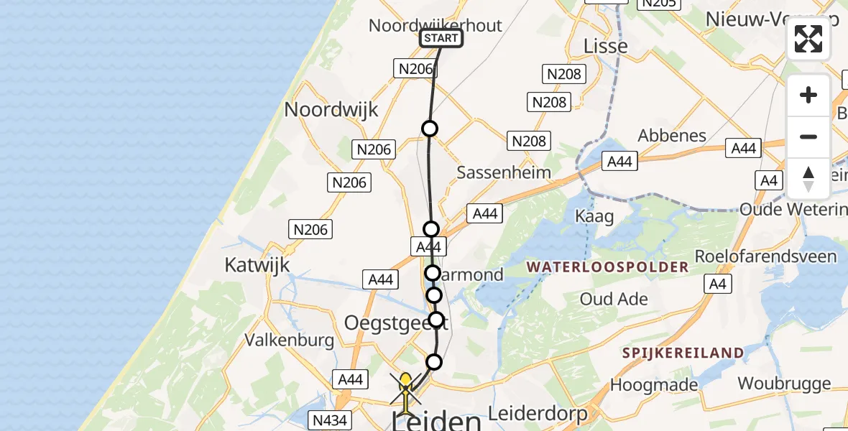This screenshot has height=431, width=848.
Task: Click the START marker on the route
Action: (441, 38)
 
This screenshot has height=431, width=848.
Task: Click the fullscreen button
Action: (808, 39)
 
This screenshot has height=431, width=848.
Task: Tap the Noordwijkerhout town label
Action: (435, 25)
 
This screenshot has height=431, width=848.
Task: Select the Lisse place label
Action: (605, 46)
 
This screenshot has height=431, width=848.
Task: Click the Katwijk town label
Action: (257, 265)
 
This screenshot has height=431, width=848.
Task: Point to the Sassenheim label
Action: (504, 172)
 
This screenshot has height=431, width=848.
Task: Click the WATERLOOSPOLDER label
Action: (607, 267)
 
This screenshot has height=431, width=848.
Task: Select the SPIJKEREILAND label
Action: (683, 353)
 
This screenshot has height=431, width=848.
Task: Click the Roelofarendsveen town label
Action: (765, 256)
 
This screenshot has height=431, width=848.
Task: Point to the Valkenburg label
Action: (290, 340)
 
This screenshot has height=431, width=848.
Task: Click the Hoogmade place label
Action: (654, 385)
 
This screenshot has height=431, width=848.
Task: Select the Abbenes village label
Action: (672, 136)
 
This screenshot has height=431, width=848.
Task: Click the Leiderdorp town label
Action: (538, 414)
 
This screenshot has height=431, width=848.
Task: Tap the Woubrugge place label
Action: (784, 384)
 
